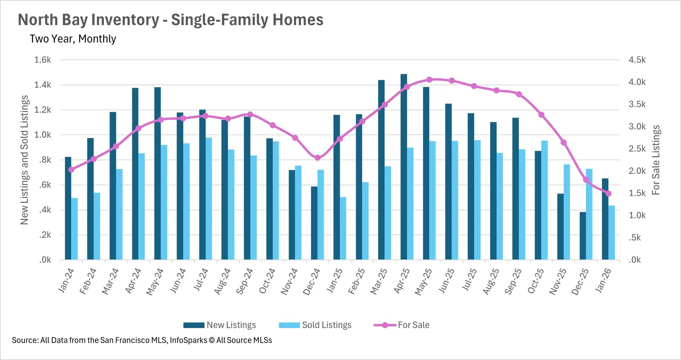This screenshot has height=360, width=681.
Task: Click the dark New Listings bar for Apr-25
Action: [404, 167]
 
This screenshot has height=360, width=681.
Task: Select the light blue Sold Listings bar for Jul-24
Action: [209, 199]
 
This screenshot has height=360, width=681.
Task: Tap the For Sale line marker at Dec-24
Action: [317, 158]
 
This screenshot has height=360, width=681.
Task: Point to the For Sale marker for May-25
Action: [429, 79]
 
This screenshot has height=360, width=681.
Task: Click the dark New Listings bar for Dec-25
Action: [583, 236]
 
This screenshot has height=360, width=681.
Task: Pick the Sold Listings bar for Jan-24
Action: [74, 229]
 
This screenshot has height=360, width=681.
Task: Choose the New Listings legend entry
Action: [220, 325]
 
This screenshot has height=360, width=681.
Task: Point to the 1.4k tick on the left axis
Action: [43, 85]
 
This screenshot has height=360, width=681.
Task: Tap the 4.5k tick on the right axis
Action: [637, 60]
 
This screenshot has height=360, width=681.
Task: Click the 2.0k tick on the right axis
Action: [637, 171]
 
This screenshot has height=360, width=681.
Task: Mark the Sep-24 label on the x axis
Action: [245, 281]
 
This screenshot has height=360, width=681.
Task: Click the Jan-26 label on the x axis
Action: [603, 281]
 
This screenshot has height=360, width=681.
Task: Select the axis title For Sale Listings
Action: [656, 160]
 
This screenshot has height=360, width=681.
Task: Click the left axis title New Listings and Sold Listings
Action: [24, 160]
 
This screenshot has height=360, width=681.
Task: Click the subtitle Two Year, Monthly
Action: [73, 39]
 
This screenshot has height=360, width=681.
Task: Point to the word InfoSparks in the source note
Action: [188, 340]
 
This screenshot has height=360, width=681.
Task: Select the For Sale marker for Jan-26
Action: [608, 193]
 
